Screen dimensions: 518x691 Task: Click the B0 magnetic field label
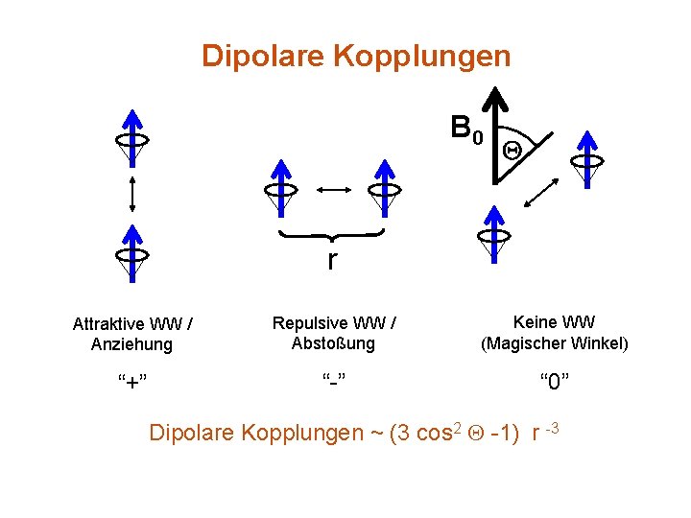pos(466,129)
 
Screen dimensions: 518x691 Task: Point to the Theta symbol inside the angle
pos(512,150)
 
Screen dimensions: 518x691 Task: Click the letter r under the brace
pos(332,260)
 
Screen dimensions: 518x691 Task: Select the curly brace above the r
pos(331,235)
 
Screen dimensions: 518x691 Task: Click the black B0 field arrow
pos(495,134)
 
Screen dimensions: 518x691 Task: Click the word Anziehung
pos(131,343)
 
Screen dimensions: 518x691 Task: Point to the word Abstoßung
pos(335,342)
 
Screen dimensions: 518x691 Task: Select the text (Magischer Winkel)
pos(555,342)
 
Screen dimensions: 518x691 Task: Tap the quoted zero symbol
pos(554,384)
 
